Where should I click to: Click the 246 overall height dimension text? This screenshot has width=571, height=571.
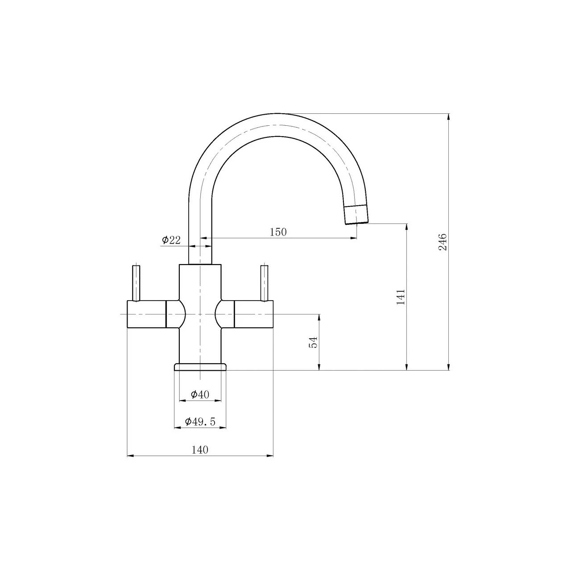(442, 242)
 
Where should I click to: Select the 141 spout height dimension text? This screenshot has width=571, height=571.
(400, 297)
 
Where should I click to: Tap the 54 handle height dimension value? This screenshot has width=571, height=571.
(313, 342)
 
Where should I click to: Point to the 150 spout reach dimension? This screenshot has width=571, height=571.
(278, 232)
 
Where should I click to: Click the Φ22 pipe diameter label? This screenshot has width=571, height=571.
(171, 240)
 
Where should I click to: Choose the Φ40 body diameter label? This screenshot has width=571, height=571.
(200, 394)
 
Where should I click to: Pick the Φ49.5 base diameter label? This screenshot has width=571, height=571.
(200, 422)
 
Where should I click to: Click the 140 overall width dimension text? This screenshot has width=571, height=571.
(200, 450)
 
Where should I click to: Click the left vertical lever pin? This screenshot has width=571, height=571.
(136, 283)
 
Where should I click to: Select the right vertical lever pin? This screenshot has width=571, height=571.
(264, 283)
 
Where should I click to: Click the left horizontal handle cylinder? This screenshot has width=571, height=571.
(147, 314)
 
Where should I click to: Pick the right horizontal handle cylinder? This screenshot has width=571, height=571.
(254, 314)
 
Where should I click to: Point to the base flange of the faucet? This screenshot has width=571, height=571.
(200, 367)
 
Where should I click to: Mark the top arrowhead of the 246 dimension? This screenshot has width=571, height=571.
(448, 117)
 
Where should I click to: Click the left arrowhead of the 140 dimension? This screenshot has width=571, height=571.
(131, 455)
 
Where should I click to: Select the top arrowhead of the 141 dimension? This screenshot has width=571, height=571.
(406, 227)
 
